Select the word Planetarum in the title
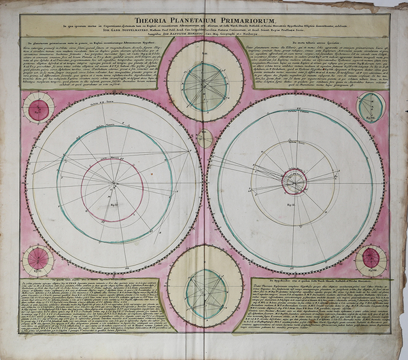pyautogui.click(x=203, y=20)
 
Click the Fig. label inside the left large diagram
pyautogui.click(x=114, y=203)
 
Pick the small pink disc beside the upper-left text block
pyautogui.click(x=39, y=109)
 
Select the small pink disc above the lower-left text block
pyautogui.click(x=39, y=259)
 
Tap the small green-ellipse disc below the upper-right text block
pyautogui.click(x=371, y=105)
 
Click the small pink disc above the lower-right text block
pyautogui.click(x=371, y=258)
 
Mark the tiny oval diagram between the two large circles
pyautogui.click(x=205, y=139)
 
